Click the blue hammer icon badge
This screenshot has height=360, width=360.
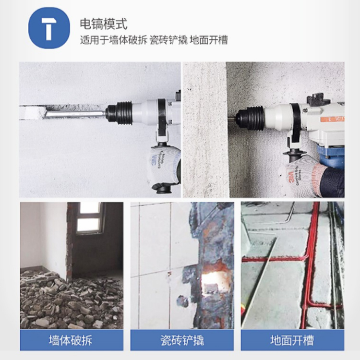point(49,28)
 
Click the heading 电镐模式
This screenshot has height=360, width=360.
point(104,24)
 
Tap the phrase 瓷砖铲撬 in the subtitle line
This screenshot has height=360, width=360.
point(169,40)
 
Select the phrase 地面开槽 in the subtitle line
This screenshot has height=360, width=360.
point(209,40)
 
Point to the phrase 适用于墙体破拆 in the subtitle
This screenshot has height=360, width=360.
point(114,40)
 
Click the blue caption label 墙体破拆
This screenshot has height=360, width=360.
point(72,340)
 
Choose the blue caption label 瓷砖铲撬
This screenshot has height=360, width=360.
point(182,340)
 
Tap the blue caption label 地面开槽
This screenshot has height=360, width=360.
point(292,340)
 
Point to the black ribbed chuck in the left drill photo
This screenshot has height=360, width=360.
point(119,113)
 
